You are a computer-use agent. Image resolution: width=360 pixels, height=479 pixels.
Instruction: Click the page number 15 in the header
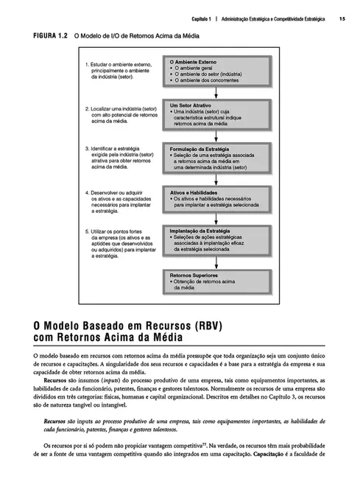(343, 18)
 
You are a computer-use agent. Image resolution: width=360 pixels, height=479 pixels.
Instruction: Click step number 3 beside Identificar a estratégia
(87, 148)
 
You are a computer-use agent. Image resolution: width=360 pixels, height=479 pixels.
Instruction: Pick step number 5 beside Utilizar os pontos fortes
(87, 231)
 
